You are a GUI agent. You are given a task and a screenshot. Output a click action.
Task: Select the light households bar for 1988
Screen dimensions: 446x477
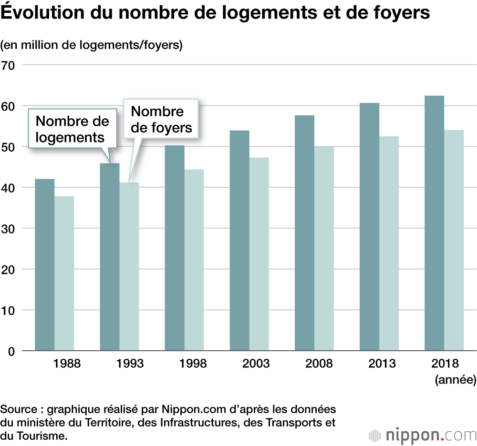(x=64, y=274)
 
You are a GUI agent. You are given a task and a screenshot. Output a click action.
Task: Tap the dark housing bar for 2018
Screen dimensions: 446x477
(x=434, y=223)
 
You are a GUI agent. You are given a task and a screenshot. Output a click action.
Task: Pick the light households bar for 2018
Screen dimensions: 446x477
(x=454, y=241)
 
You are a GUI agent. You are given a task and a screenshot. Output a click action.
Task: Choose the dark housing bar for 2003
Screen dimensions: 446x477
(x=239, y=241)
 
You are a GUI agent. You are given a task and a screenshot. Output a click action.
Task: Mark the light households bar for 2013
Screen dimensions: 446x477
(x=389, y=243)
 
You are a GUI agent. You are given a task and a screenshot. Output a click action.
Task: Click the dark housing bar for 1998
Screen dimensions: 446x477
(x=175, y=248)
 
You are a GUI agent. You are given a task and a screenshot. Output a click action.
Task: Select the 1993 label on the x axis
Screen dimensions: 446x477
(x=130, y=364)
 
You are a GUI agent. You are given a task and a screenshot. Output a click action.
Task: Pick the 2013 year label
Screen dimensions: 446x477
(x=382, y=364)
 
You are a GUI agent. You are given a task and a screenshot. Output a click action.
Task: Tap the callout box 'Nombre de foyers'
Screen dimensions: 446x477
(x=161, y=119)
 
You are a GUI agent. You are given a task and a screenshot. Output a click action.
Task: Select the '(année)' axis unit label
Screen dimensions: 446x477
(x=455, y=380)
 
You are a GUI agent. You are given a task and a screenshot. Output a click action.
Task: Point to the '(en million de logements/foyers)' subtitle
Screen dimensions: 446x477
(x=92, y=45)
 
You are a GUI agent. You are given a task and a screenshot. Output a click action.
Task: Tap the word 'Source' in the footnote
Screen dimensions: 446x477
(x=18, y=409)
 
